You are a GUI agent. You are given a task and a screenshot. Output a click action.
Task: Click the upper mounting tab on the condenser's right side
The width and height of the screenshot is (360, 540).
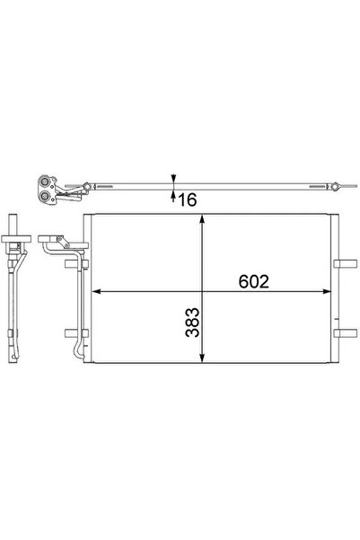pyautogui.click(x=342, y=264)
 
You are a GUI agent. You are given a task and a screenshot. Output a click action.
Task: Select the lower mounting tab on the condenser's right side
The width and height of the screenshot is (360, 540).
pyautogui.click(x=342, y=334)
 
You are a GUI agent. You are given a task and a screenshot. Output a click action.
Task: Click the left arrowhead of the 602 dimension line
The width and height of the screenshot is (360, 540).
pyautogui.click(x=99, y=291)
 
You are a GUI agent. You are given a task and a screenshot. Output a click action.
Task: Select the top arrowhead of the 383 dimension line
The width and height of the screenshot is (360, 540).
pyautogui.click(x=205, y=222)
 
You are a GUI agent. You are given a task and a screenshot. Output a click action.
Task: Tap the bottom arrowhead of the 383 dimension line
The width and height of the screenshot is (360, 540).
pyautogui.click(x=205, y=361)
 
